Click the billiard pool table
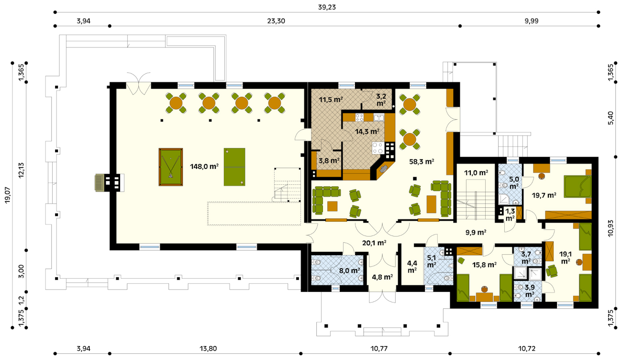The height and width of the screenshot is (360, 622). click(x=170, y=167)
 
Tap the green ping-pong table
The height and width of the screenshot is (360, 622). click(x=234, y=167)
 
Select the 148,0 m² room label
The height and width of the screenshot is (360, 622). click(x=204, y=167)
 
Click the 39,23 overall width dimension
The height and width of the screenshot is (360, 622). click(x=327, y=7)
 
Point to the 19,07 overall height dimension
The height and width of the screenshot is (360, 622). click(x=8, y=195)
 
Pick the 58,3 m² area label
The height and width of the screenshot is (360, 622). click(x=422, y=162)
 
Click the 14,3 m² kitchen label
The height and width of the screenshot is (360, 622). click(x=367, y=132)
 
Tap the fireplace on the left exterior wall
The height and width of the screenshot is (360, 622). click(x=109, y=182)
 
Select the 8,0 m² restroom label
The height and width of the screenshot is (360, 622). click(x=350, y=270)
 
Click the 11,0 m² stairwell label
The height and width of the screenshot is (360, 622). click(x=476, y=173)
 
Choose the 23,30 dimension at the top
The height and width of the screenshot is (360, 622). click(x=276, y=21)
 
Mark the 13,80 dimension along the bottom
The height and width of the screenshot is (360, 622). click(x=208, y=349)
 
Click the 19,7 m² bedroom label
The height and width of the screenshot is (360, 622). click(x=544, y=195)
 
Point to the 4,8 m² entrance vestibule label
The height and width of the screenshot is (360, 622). click(x=382, y=277)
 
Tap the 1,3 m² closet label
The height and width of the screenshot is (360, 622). click(x=510, y=214)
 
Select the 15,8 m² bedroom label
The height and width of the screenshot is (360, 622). click(x=484, y=265)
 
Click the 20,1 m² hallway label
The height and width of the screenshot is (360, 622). click(x=374, y=243)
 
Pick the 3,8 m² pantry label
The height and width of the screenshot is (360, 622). click(x=329, y=160)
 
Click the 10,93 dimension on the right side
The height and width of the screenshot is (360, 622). click(x=611, y=228)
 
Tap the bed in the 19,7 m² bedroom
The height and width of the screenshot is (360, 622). click(x=578, y=186)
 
